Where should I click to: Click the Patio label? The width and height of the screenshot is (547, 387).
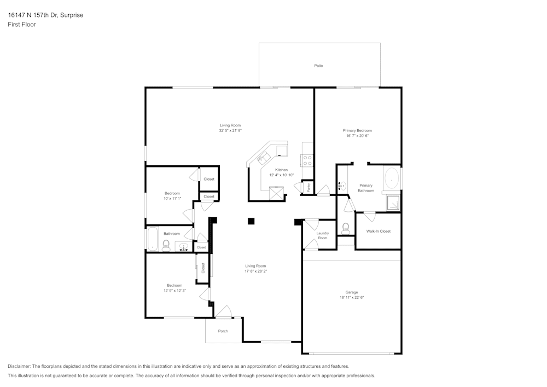click(318, 66)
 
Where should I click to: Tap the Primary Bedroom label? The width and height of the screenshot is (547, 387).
click(357, 130)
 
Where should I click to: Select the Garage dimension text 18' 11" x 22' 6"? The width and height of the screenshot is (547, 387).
click(352, 298)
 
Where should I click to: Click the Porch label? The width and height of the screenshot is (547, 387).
click(223, 331)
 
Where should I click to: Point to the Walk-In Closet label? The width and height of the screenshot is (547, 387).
click(378, 231)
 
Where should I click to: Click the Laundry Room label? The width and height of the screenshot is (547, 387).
click(322, 235)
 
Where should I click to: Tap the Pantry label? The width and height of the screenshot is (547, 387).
click(309, 187)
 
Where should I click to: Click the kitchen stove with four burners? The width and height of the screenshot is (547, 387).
click(307, 160)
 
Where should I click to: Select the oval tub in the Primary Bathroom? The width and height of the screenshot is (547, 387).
click(392, 180)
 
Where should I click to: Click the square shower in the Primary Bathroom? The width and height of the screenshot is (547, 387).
click(393, 203)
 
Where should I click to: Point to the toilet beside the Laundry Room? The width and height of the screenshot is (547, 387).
click(345, 229)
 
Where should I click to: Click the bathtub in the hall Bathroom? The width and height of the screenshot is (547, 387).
click(153, 239)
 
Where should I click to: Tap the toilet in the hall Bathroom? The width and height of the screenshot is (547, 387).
click(166, 245)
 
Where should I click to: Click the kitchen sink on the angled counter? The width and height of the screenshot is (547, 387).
click(265, 158)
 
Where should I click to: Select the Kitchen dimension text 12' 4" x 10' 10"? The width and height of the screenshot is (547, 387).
click(281, 175)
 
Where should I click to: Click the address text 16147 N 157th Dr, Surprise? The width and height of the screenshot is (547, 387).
click(46, 15)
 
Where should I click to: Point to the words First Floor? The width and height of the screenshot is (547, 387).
click(22, 25)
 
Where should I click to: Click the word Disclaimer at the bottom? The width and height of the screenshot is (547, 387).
click(20, 366)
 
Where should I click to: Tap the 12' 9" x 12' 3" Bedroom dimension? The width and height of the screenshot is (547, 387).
click(174, 290)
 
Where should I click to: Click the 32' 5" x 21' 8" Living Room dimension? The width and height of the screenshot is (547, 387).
click(230, 130)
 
